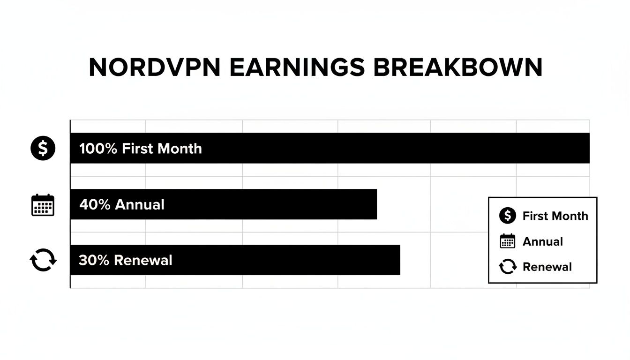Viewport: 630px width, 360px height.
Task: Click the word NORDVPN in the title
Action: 155,68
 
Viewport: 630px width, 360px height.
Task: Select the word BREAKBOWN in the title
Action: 458,68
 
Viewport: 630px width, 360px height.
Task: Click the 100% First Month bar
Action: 375,148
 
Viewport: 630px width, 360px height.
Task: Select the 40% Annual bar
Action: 262,204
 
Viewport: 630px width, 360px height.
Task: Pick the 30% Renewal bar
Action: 281,260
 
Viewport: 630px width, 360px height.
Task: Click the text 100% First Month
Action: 141,149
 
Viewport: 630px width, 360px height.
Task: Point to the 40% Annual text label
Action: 122,204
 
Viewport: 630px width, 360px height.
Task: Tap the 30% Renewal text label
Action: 126,260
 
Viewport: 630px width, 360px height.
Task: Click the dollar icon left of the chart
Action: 43,149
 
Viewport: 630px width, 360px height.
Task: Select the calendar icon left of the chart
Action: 43,205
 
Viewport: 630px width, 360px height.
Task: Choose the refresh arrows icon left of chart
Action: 43,260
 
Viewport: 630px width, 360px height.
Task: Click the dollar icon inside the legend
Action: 507,216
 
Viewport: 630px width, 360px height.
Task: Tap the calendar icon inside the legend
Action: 507,241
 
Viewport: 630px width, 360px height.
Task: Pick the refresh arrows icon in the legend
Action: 507,267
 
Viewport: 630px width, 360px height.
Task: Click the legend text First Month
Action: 555,216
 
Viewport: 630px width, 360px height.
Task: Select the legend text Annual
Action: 542,241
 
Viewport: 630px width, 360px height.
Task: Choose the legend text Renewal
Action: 547,267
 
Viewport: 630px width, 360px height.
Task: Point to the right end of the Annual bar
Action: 375,204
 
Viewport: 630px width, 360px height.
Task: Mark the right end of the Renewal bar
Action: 398,260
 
